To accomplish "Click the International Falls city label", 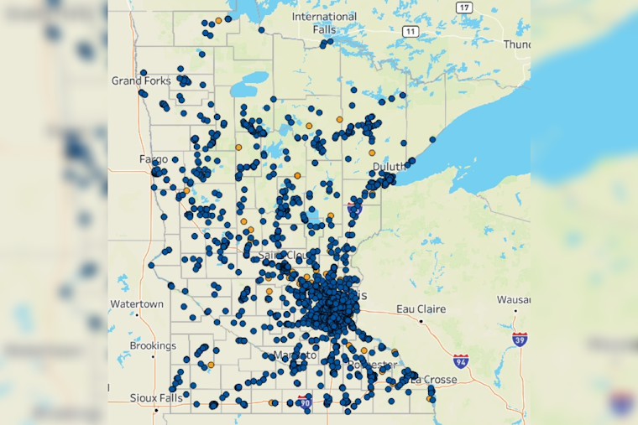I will coord(324,23).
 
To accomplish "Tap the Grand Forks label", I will coord(141,81).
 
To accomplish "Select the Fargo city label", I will coord(154,158).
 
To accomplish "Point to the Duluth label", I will coord(389,167).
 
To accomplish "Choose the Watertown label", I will coord(137,303).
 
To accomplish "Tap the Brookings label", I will coord(153,345).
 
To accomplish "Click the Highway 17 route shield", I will coord(464,7).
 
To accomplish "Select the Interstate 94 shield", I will coord(460,361).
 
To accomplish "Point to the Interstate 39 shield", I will coord(520,339).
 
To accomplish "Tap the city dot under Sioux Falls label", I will coord(156,410).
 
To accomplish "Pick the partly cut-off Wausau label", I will coord(513,299).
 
